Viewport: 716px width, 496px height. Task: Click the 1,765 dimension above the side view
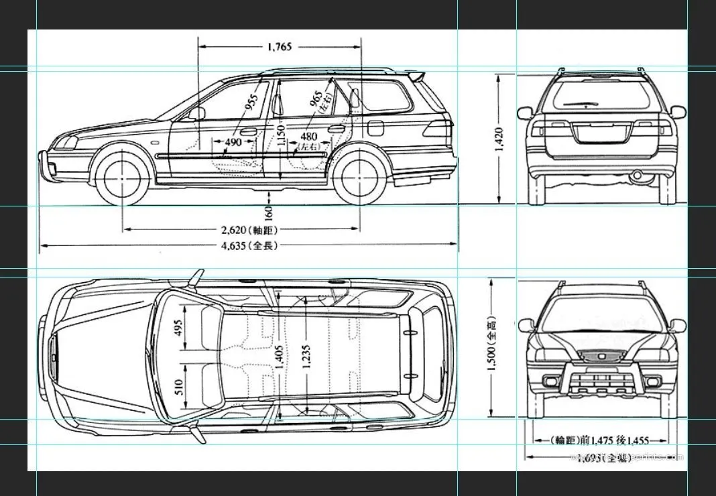(x=280, y=47)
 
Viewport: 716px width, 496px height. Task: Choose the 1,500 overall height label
(x=492, y=349)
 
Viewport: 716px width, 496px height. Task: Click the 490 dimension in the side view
(x=233, y=143)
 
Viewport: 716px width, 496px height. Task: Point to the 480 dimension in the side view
(x=308, y=137)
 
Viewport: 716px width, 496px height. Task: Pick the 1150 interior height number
(x=282, y=137)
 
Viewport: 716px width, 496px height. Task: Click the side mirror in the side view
(x=198, y=113)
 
